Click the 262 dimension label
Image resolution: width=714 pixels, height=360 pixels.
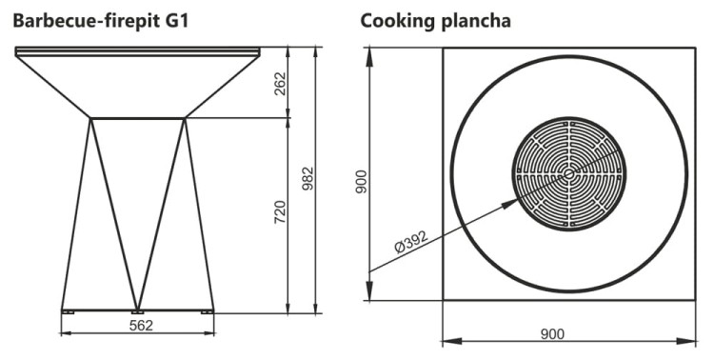tap(278, 84)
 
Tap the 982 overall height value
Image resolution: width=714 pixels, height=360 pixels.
tap(307, 179)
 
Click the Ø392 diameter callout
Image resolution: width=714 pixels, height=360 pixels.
tap(410, 245)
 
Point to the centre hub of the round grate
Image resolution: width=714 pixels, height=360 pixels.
tap(569, 173)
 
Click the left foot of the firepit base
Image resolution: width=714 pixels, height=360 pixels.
tap(68, 310)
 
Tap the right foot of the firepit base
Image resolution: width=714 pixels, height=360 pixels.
tap(207, 310)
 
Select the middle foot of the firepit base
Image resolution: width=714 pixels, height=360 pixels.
tap(137, 310)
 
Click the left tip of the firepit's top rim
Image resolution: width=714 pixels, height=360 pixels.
tap(15, 48)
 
